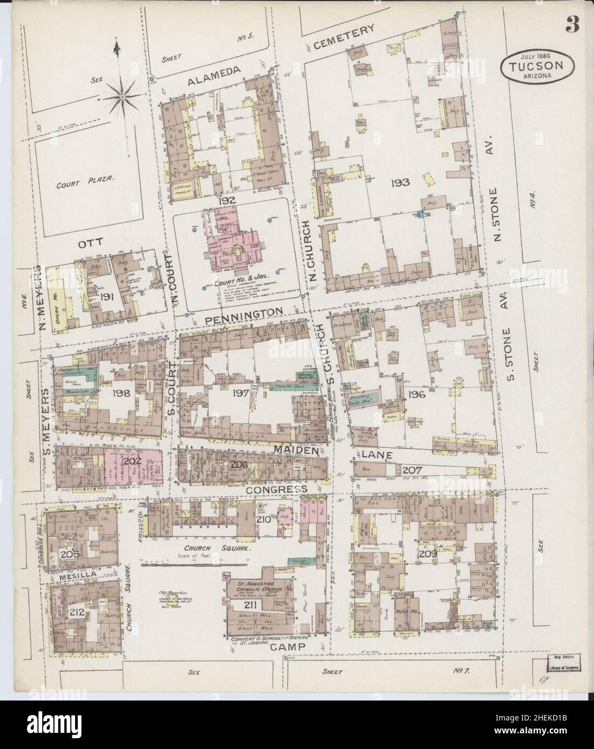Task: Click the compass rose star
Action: pyautogui.click(x=123, y=96)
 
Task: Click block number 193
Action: pyautogui.click(x=402, y=183)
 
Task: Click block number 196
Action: pyautogui.click(x=417, y=394)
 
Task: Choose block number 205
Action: pyautogui.click(x=71, y=554)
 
